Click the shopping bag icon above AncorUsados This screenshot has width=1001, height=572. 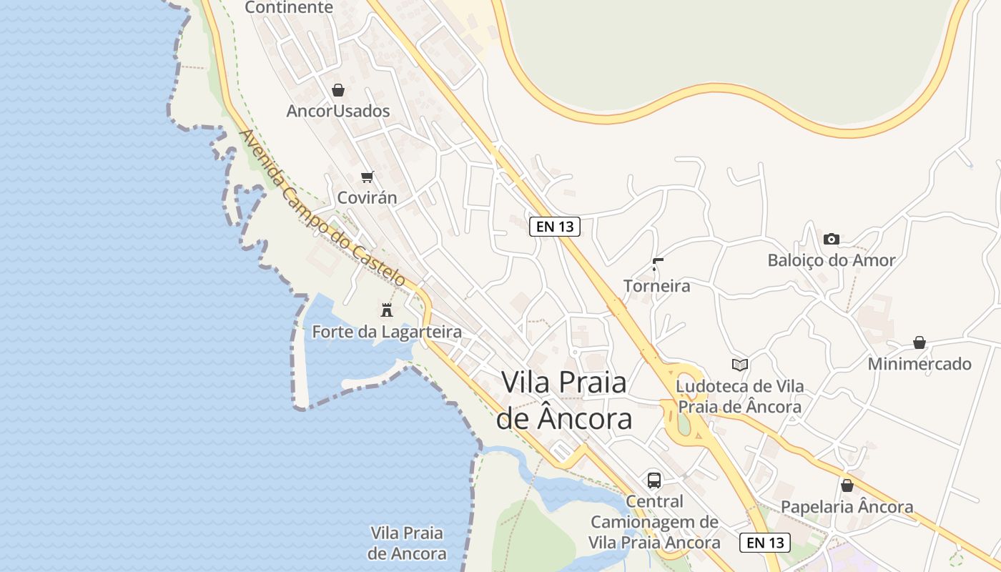click(x=338, y=90)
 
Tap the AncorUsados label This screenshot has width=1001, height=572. click(x=338, y=111)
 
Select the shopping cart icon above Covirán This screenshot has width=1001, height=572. click(x=367, y=177)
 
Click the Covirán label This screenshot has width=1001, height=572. click(x=367, y=197)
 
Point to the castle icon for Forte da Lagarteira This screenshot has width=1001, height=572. click(x=387, y=310)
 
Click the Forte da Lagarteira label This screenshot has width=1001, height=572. click(x=387, y=332)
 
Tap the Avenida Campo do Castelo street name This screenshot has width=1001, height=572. click(x=322, y=208)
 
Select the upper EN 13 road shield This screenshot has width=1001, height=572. click(x=554, y=227)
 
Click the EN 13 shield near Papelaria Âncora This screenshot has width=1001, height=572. click(x=765, y=542)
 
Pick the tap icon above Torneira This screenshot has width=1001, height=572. click(x=657, y=265)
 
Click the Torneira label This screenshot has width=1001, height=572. click(x=657, y=286)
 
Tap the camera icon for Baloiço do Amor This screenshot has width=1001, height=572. click(x=831, y=239)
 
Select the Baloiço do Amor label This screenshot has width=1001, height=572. click(x=831, y=260)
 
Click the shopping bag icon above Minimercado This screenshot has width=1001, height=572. click(x=919, y=343)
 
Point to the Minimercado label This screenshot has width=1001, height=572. click(x=919, y=364)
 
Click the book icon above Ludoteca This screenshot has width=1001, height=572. click(x=740, y=365)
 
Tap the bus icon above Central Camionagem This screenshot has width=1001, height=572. click(x=654, y=480)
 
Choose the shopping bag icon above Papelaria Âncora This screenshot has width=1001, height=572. click(x=847, y=486)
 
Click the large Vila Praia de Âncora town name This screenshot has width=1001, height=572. click(x=564, y=400)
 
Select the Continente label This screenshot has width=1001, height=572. click(x=289, y=7)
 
